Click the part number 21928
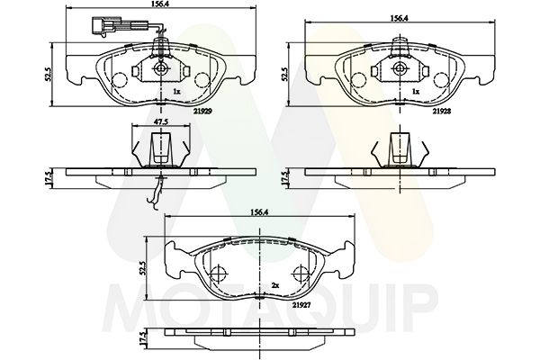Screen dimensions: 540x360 coord(442,111)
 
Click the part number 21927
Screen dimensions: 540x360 coord(301,305)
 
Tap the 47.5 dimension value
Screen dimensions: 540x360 coord(161,121)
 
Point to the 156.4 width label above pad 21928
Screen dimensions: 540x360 coord(399,19)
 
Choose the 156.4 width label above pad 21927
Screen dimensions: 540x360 coord(260,212)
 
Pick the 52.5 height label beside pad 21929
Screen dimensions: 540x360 coord(49,74)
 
